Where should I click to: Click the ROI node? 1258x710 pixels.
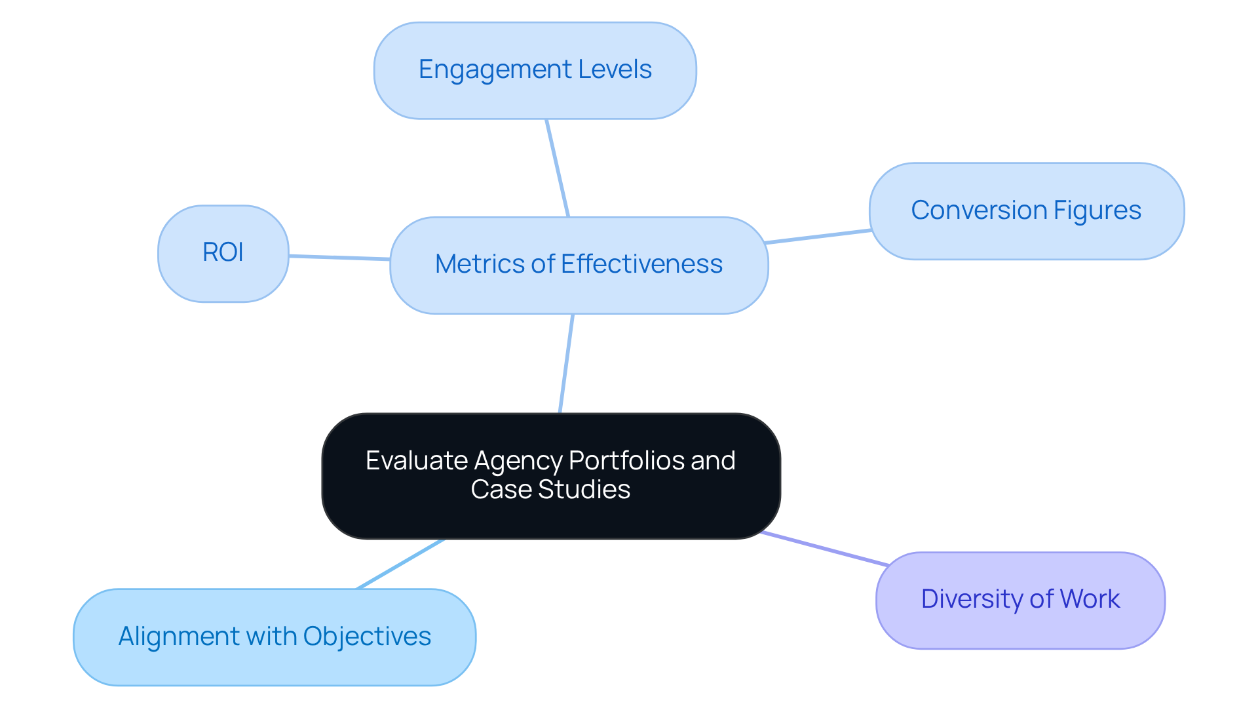click(x=223, y=253)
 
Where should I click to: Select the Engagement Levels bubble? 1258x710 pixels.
click(x=535, y=70)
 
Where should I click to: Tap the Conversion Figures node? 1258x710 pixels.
click(x=1026, y=211)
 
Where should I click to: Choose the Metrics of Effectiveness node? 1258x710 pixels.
click(x=579, y=265)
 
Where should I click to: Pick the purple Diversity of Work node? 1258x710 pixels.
click(x=1020, y=600)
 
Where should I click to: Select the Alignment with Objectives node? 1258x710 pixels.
click(x=274, y=637)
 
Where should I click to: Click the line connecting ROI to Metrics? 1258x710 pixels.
click(x=339, y=258)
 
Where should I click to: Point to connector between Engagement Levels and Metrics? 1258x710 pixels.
click(x=558, y=168)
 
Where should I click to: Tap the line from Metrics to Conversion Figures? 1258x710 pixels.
click(x=818, y=237)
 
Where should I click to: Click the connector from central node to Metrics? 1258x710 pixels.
click(x=567, y=363)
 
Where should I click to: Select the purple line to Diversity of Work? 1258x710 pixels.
click(x=824, y=549)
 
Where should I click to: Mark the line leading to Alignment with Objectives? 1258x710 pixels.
click(x=400, y=564)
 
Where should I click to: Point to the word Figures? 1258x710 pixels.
click(x=1097, y=211)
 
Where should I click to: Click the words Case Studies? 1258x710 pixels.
click(x=550, y=490)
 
